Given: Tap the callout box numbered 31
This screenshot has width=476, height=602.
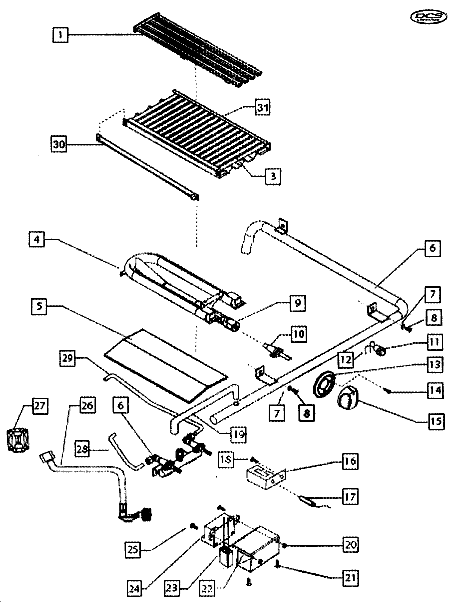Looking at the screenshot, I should pyautogui.click(x=263, y=107).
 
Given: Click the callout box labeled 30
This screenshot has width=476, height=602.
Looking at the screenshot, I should pyautogui.click(x=59, y=144).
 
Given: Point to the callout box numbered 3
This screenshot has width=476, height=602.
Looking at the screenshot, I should pyautogui.click(x=273, y=176).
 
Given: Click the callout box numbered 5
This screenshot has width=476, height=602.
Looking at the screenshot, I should pyautogui.click(x=39, y=306).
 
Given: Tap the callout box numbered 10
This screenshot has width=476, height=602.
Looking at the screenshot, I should pyautogui.click(x=299, y=334).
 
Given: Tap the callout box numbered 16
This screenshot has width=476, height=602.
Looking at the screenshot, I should pyautogui.click(x=350, y=461).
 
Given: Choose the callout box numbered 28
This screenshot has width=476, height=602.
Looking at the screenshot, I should pyautogui.click(x=82, y=449).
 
